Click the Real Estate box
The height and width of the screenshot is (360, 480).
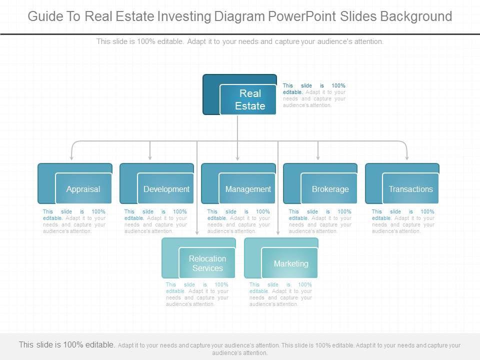(x=248, y=99)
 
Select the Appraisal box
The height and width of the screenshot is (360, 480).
(x=83, y=189)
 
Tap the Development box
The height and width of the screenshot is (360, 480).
(x=166, y=189)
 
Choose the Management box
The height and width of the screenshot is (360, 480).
(x=247, y=189)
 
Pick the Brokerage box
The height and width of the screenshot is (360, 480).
(x=330, y=189)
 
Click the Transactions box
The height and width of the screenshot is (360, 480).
(x=411, y=189)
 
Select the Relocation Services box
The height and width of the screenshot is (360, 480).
(x=207, y=263)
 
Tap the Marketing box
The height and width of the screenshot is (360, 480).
(x=290, y=263)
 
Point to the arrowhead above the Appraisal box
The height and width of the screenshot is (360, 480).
(x=72, y=157)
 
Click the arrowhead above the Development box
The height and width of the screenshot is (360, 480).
(x=150, y=157)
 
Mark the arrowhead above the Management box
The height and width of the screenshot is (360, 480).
(x=237, y=157)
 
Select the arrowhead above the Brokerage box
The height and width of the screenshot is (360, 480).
(x=318, y=157)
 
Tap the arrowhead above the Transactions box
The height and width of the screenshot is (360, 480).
(x=406, y=157)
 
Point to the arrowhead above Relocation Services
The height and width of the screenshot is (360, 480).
(x=196, y=232)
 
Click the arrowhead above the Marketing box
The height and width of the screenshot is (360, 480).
(x=278, y=232)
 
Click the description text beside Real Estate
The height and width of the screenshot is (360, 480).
(x=314, y=95)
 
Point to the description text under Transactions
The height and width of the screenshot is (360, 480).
(x=403, y=221)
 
